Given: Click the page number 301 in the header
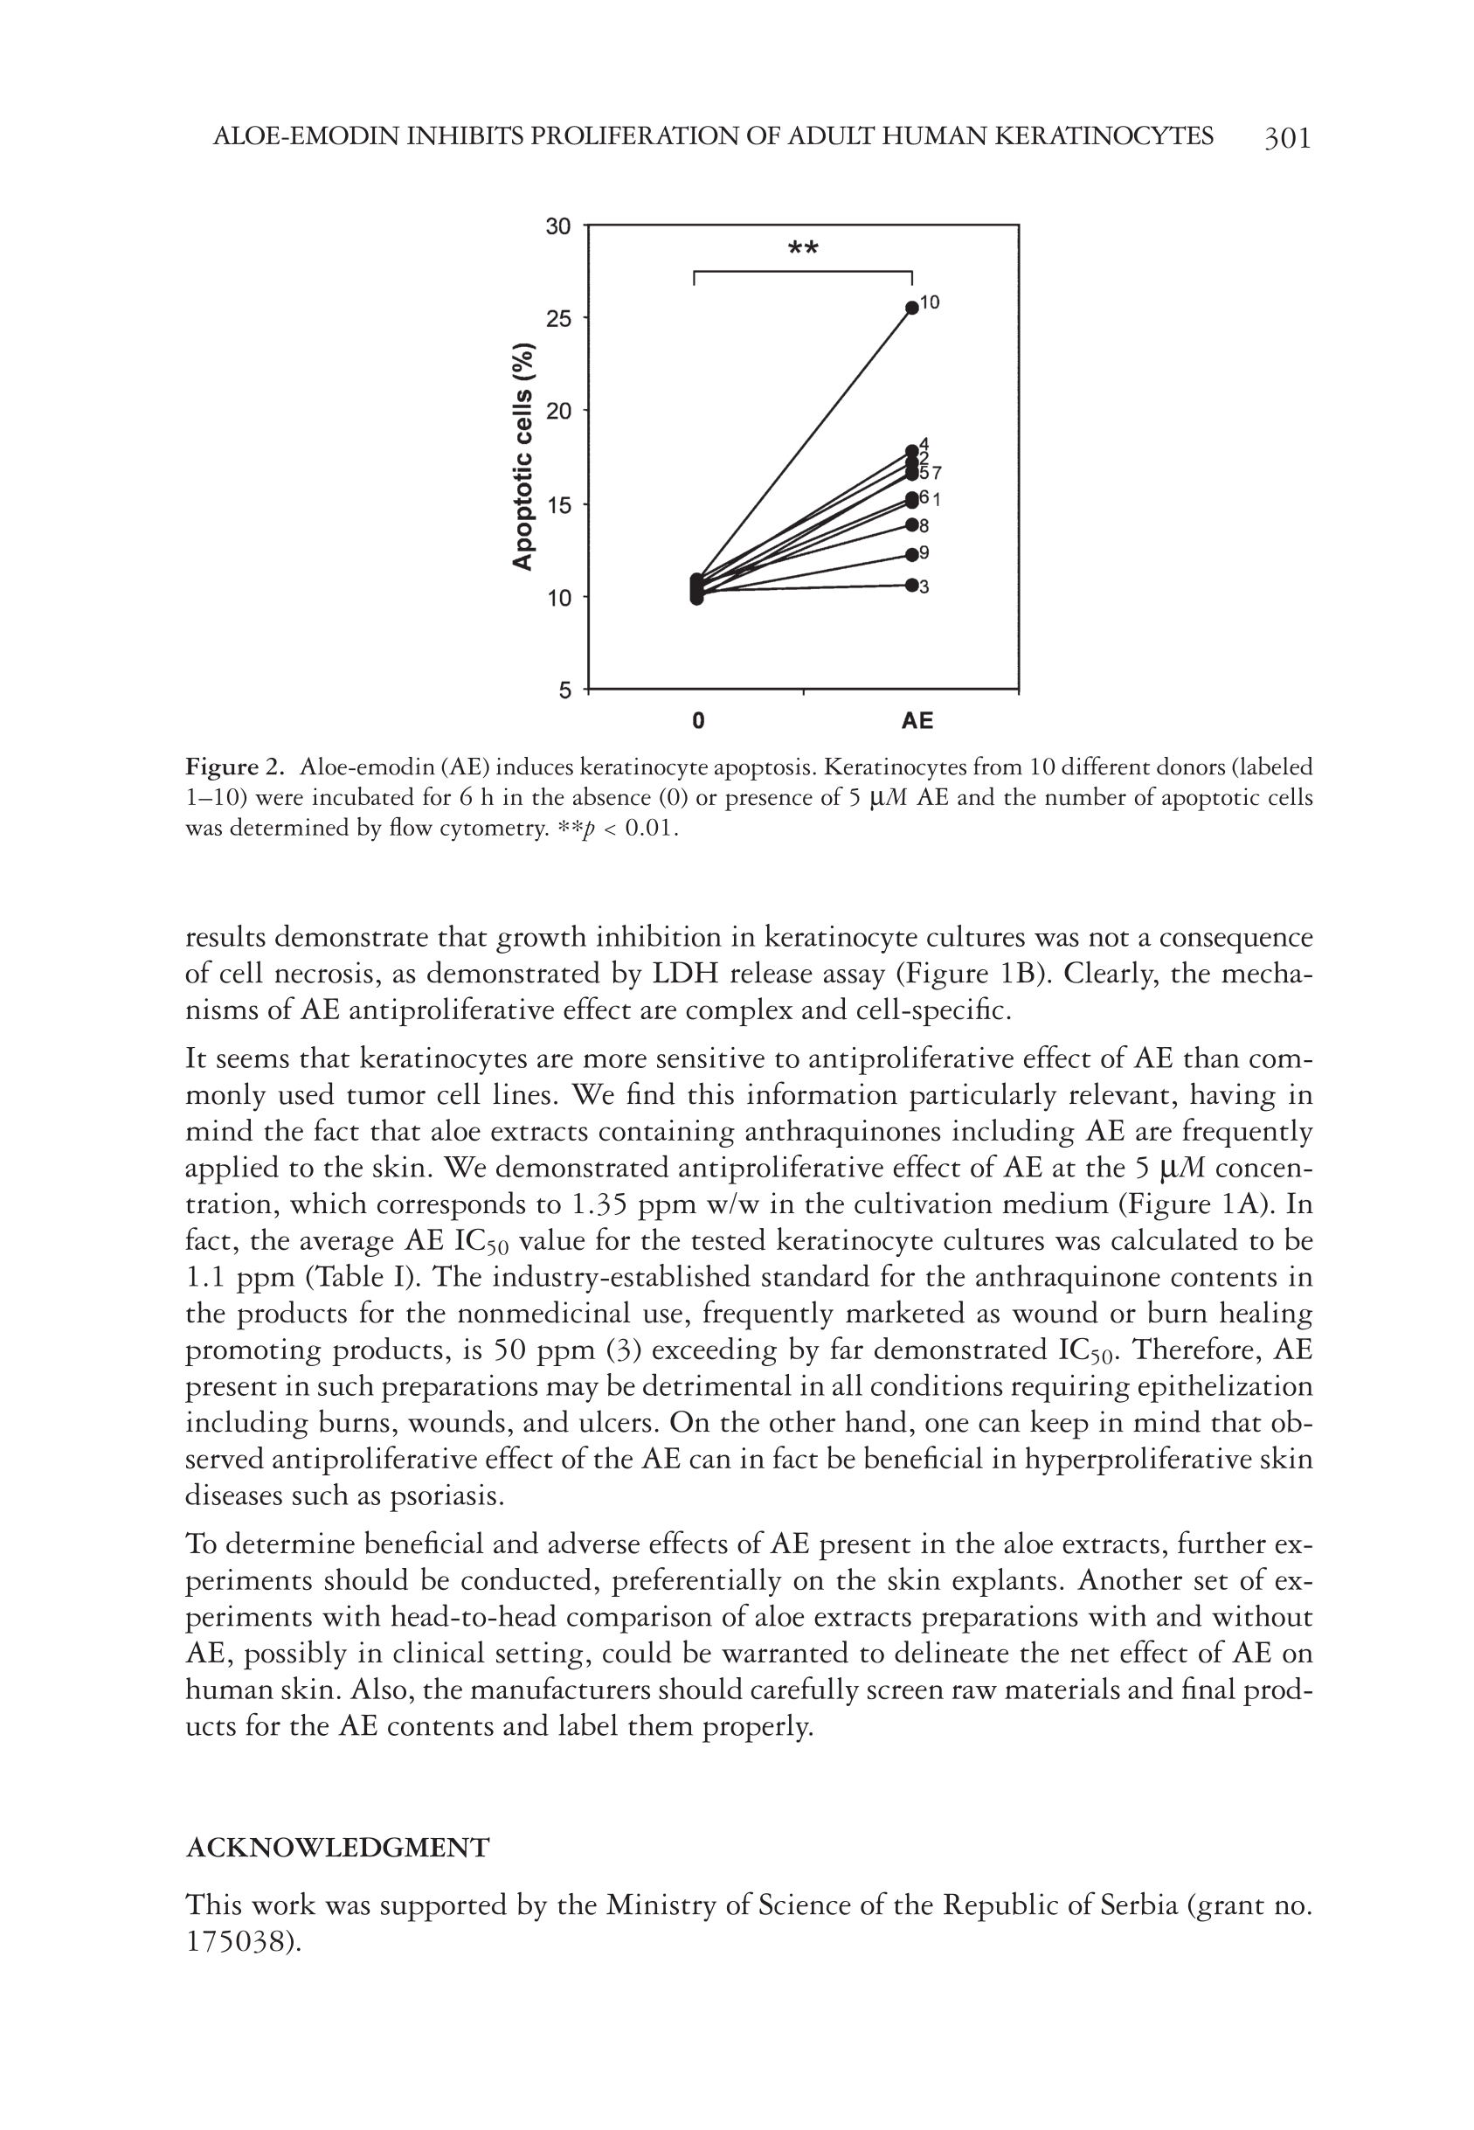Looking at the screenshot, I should click(1286, 139).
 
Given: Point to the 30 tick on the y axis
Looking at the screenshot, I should click(558, 226).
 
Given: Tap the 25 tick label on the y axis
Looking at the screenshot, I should click(558, 319).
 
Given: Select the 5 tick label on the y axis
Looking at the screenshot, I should click(565, 690).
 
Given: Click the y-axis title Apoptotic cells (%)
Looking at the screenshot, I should click(523, 456).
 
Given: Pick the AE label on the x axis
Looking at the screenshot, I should click(917, 720).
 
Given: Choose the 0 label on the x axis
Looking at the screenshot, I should click(698, 720).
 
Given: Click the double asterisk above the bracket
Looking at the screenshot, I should click(803, 248).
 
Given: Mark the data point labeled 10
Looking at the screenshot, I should click(911, 308).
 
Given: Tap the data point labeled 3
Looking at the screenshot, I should click(911, 585).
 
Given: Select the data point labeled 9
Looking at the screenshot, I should click(911, 554).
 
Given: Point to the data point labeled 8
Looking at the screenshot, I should click(911, 524).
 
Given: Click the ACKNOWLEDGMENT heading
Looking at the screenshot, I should click(337, 1849).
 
